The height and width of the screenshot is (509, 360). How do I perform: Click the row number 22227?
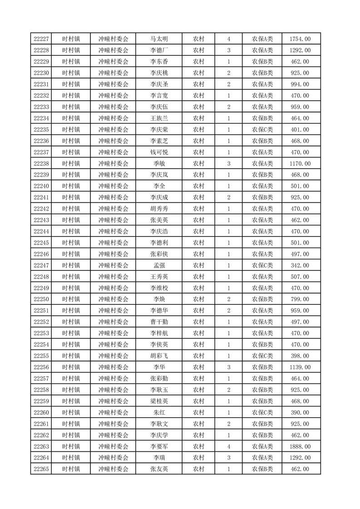(x=41, y=39)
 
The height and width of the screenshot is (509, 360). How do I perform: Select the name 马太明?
(x=159, y=39)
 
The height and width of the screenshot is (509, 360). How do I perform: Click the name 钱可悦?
(x=159, y=152)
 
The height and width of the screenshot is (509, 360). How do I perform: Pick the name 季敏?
(x=159, y=164)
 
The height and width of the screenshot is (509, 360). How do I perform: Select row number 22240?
(x=41, y=186)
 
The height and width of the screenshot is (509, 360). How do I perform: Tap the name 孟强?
(x=159, y=265)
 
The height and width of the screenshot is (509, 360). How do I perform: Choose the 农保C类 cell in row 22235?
(x=262, y=130)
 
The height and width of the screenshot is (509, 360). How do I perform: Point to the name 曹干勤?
(x=159, y=322)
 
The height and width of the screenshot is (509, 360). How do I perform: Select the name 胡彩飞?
(x=159, y=356)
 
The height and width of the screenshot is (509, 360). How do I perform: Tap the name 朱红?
(x=159, y=412)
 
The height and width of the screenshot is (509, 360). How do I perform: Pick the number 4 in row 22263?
(x=229, y=446)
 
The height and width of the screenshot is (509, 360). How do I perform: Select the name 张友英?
(x=159, y=469)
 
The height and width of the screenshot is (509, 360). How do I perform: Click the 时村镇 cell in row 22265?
(x=71, y=469)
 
